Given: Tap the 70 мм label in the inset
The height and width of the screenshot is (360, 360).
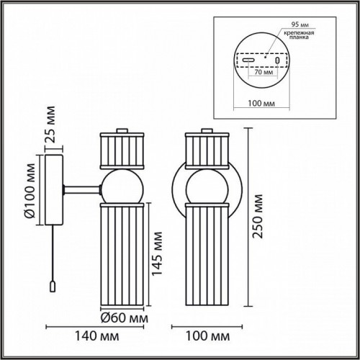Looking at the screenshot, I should pos(262,73).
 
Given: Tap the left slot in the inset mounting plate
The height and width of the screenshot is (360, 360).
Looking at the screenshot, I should pos(246,60).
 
